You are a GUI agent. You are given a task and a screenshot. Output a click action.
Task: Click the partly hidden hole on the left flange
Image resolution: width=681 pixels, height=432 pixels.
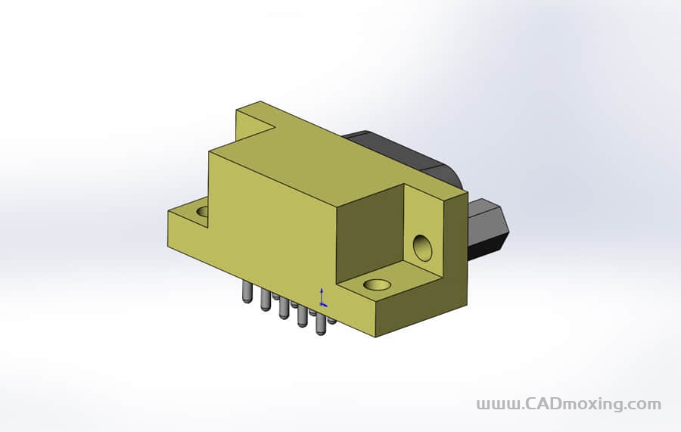[202, 212]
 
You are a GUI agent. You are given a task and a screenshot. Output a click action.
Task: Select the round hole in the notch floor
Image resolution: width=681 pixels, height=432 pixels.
[377, 285]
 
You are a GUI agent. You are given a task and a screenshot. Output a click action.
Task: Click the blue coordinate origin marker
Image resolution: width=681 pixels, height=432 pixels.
[322, 297]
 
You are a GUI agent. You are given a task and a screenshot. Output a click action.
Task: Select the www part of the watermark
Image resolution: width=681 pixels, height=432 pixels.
[497, 405]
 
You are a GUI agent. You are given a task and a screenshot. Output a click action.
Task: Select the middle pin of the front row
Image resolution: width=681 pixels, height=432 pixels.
[284, 309]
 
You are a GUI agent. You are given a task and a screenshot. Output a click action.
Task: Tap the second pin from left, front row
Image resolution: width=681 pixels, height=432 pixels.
[265, 300]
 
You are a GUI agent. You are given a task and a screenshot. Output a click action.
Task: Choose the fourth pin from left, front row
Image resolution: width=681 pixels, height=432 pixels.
[302, 316]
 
